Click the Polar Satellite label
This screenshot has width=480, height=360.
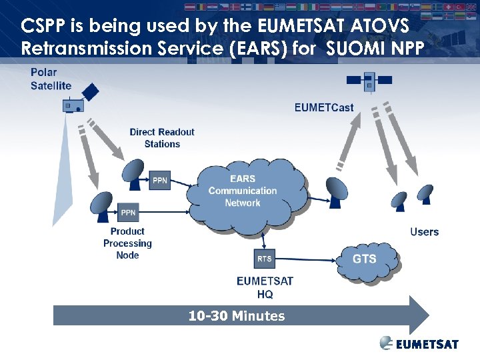(51, 79)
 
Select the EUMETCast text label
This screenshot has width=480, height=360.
(324, 107)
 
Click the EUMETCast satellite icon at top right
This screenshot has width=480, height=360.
(368, 83)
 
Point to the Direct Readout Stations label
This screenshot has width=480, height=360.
(162, 138)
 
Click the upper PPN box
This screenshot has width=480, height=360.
(160, 180)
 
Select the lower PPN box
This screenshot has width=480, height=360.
(128, 213)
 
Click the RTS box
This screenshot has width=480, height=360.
(265, 259)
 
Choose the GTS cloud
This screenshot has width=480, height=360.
(365, 259)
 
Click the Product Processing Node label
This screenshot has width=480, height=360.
(127, 243)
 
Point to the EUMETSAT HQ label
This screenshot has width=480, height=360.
(265, 287)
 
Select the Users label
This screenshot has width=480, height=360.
(424, 232)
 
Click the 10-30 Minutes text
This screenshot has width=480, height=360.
(237, 316)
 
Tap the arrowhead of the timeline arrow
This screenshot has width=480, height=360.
(418, 315)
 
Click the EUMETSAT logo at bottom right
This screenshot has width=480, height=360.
(419, 344)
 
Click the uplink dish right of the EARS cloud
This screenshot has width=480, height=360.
(337, 191)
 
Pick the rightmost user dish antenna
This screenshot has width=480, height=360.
(425, 194)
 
